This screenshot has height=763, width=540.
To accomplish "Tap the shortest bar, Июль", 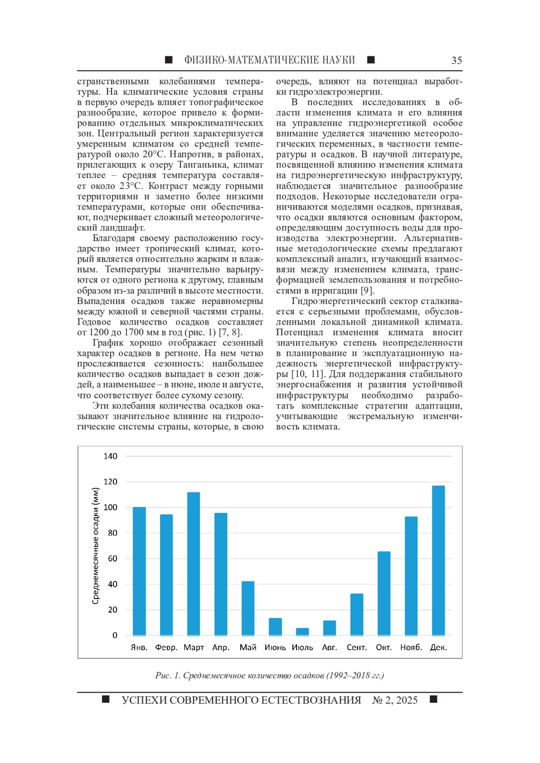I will [x=302, y=632].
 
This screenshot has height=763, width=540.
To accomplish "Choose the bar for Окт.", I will [x=384, y=593].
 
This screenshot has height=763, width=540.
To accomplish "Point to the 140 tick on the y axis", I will [x=110, y=456].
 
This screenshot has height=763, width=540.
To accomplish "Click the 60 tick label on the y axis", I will [x=112, y=558].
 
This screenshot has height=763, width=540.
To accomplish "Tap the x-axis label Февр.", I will [x=166, y=647].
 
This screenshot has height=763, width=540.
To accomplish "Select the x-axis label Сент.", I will [x=356, y=647].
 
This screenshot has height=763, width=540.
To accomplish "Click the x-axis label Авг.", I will [x=329, y=647].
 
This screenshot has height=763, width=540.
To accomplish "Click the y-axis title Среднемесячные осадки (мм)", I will [x=95, y=546].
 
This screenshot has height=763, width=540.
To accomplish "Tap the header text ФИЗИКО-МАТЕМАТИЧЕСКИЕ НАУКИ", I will [x=270, y=60].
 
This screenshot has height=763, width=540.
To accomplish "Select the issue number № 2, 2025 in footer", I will [x=395, y=700].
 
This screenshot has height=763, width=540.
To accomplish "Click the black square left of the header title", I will [x=169, y=60].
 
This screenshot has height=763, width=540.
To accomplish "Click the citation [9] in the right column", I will [x=368, y=290].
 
